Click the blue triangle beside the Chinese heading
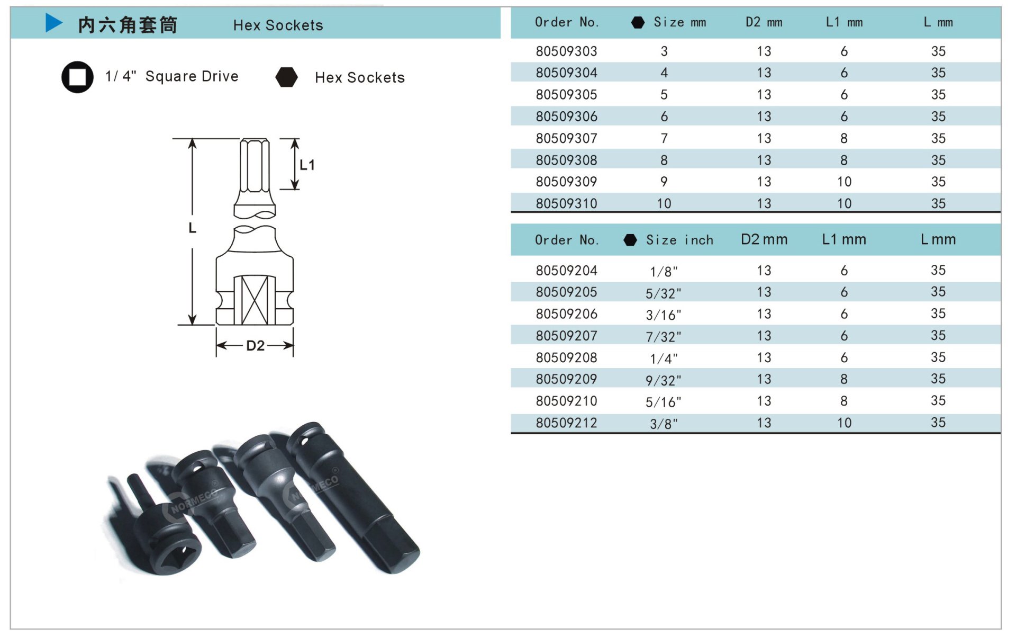pyautogui.click(x=54, y=23)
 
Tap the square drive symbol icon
pyautogui.click(x=77, y=77)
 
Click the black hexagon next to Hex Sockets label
pyautogui.click(x=287, y=77)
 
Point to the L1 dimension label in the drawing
pyautogui.click(x=307, y=165)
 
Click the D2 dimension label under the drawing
pyautogui.click(x=255, y=346)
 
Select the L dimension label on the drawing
pyautogui.click(x=192, y=228)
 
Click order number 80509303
pyautogui.click(x=566, y=51)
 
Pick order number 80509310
pyautogui.click(x=566, y=203)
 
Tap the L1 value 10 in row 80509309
pyautogui.click(x=844, y=182)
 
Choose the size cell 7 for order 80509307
pyautogui.click(x=664, y=138)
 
